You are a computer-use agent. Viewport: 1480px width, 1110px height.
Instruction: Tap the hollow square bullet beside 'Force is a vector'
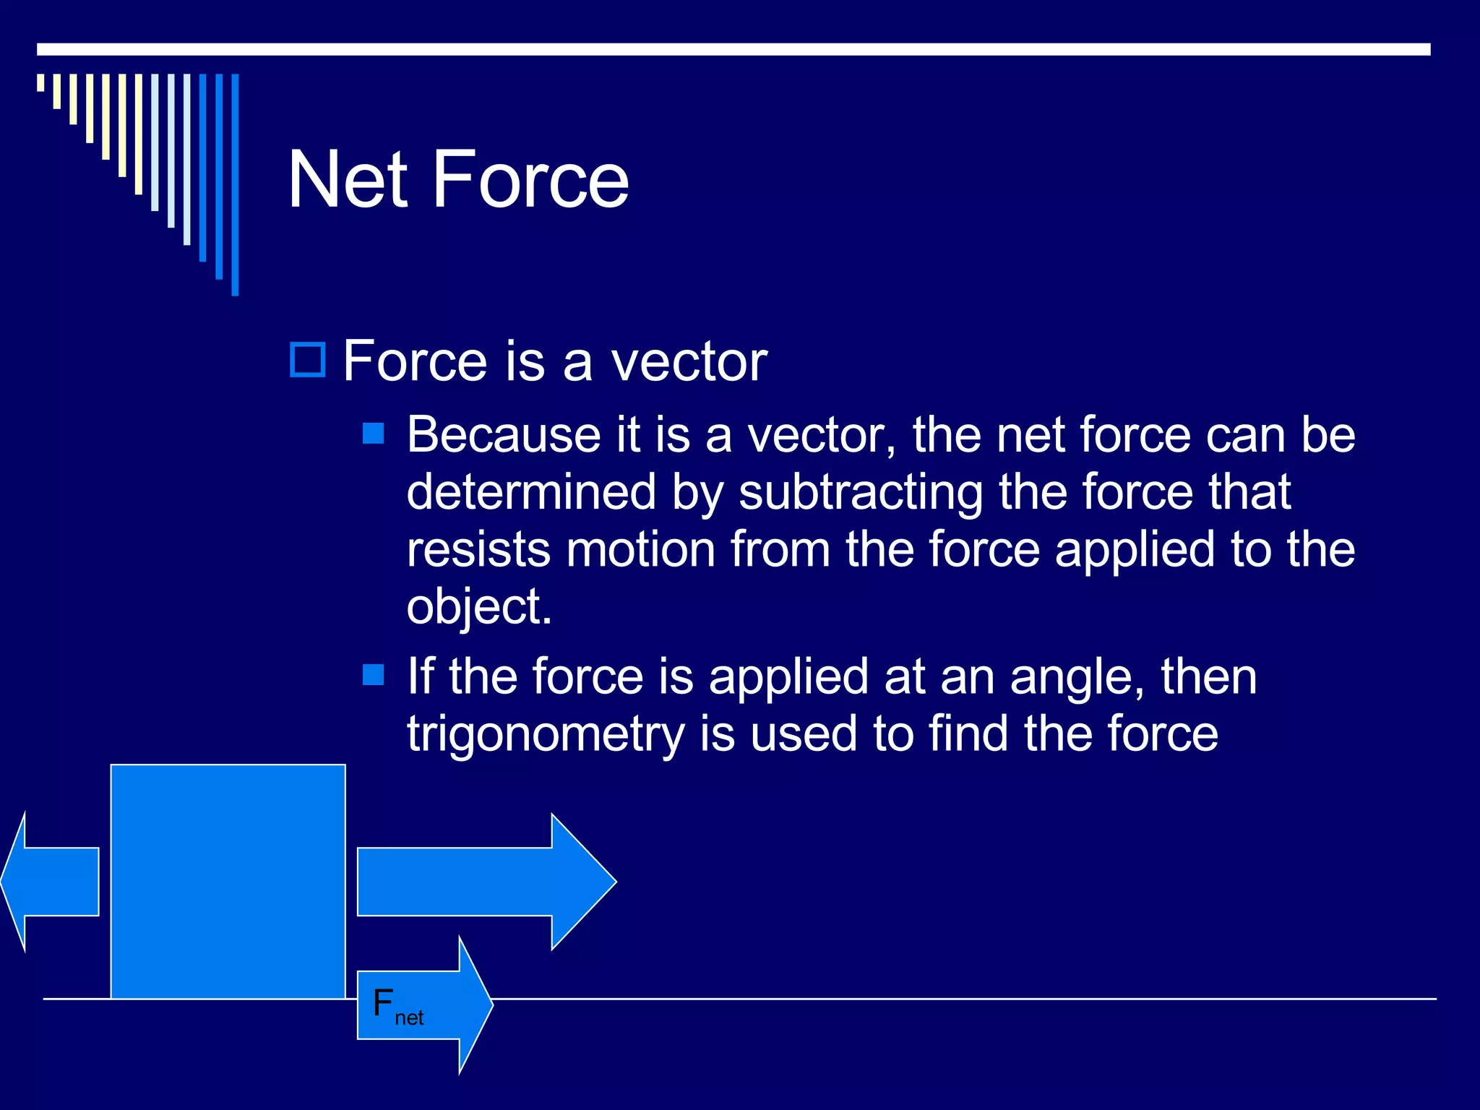pyautogui.click(x=308, y=359)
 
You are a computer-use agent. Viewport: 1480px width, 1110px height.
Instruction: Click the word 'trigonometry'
pyautogui.click(x=546, y=734)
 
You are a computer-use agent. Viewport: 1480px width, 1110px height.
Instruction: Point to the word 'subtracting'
pyautogui.click(x=860, y=493)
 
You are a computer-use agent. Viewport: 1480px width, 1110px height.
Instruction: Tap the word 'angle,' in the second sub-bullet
pyautogui.click(x=1077, y=678)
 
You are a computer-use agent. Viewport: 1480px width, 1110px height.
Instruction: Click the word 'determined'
pyautogui.click(x=531, y=493)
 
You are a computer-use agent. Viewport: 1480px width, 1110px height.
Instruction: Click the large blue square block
pyautogui.click(x=228, y=882)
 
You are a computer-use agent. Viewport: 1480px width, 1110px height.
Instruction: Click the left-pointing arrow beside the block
pyautogui.click(x=51, y=882)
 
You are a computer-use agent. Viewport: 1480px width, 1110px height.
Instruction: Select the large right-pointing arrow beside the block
pyautogui.click(x=484, y=882)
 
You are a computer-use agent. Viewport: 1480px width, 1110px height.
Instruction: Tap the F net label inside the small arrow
pyautogui.click(x=397, y=1007)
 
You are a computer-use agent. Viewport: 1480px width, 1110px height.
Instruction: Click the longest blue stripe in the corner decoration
pyautogui.click(x=235, y=184)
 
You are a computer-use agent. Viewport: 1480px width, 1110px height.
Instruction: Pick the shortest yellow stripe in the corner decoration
pyautogui.click(x=40, y=82)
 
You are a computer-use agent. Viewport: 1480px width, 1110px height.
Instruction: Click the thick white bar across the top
pyautogui.click(x=733, y=49)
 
